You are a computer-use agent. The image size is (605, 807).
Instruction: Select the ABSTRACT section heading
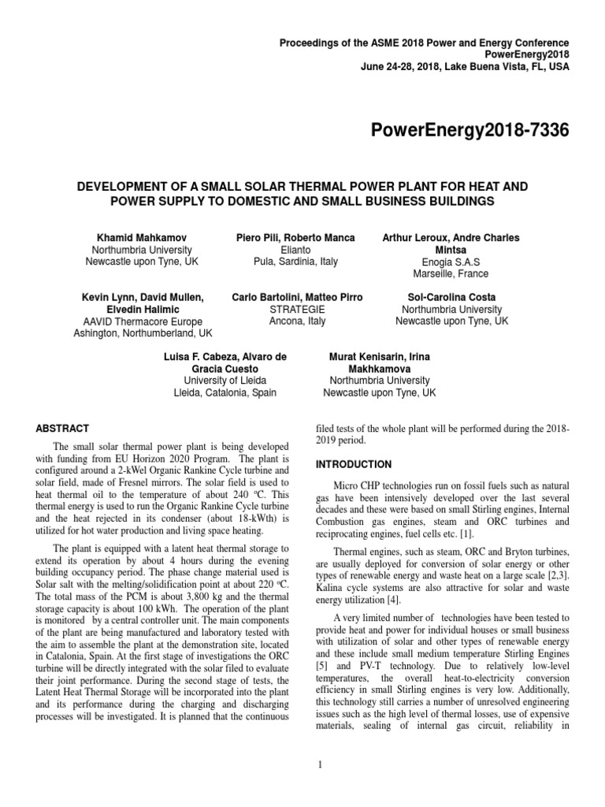[x=62, y=429]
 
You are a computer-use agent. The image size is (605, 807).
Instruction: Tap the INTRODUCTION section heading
[x=353, y=464]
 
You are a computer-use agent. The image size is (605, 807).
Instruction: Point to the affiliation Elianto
[x=295, y=250]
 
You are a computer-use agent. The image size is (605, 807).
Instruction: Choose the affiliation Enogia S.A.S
[x=451, y=262]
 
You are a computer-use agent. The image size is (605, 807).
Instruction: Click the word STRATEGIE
[x=297, y=310]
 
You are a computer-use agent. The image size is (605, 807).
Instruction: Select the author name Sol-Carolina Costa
[x=451, y=298]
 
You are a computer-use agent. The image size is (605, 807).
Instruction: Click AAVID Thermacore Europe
[x=143, y=322]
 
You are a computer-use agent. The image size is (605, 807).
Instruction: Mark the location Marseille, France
[x=451, y=273]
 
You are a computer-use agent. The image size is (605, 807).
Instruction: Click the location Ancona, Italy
[x=297, y=322]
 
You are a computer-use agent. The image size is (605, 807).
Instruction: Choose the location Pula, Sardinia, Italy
[x=295, y=262]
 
